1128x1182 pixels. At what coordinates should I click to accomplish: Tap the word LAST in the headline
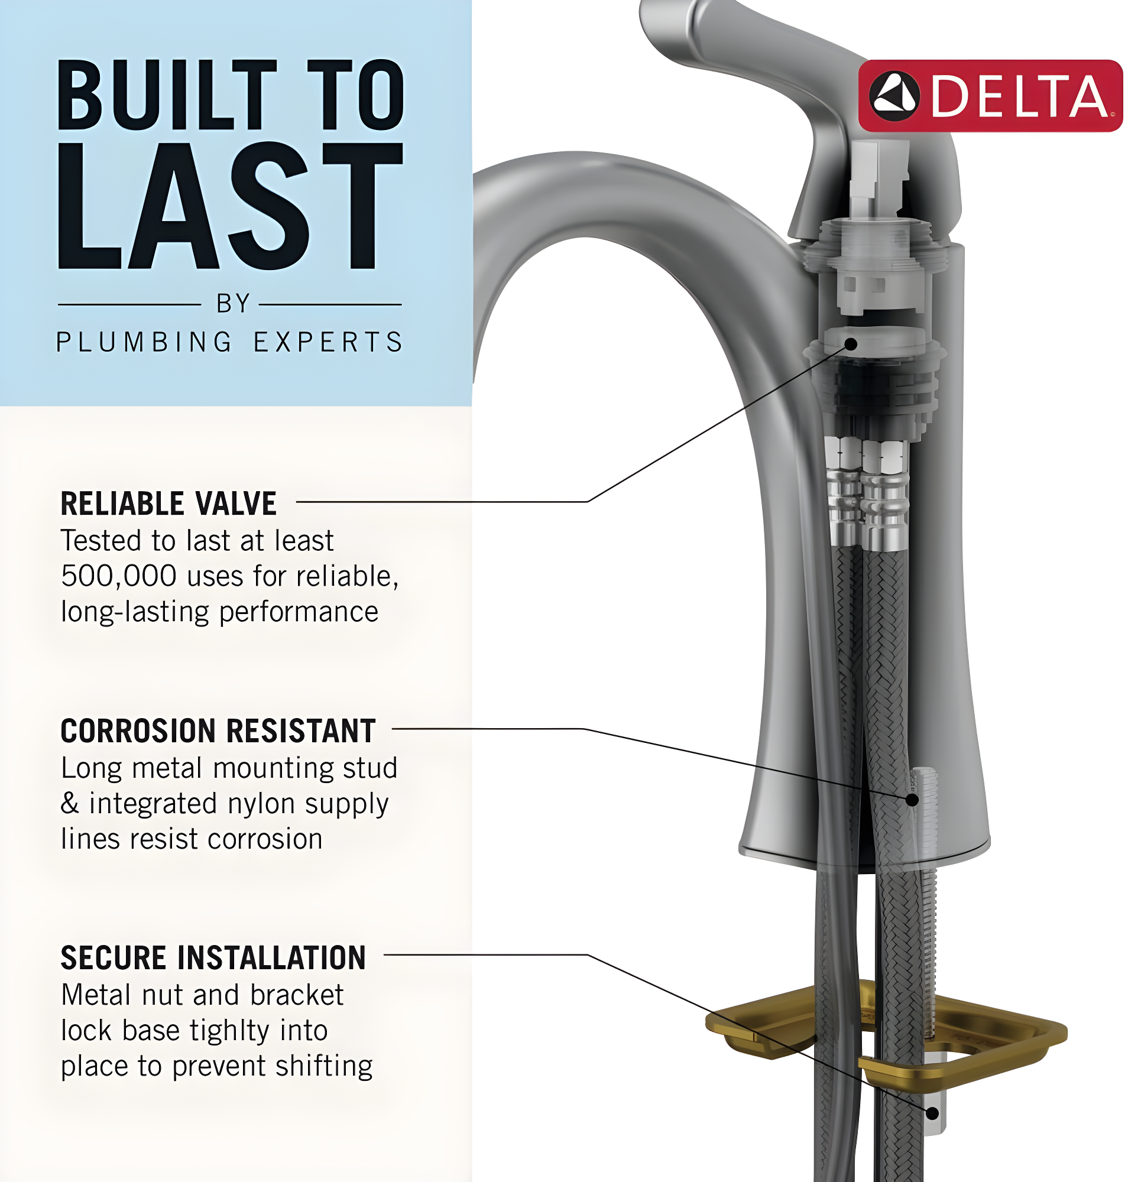click(231, 206)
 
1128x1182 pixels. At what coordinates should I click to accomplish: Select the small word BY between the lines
click(234, 304)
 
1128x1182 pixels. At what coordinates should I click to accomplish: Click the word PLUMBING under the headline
click(144, 342)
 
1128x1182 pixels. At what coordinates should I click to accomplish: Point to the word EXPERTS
click(328, 342)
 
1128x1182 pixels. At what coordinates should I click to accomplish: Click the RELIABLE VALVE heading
click(168, 503)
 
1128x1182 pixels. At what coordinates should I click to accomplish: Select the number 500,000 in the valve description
click(118, 576)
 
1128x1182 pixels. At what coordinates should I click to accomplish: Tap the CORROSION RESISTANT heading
click(218, 730)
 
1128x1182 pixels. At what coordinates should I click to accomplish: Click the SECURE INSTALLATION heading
click(213, 957)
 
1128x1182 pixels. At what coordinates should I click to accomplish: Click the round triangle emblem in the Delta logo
click(894, 96)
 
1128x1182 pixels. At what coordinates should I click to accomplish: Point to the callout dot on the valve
click(851, 344)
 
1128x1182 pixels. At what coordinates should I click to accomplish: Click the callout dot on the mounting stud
click(912, 800)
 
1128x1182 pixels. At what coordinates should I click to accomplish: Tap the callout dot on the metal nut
click(932, 1113)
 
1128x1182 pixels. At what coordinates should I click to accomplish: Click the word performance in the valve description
click(298, 612)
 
